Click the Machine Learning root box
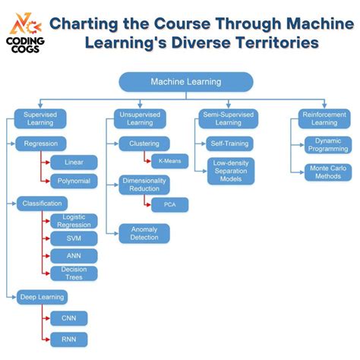185,82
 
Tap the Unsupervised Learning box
140,118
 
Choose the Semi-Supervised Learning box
229,118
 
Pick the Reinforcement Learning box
324,118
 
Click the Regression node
41,143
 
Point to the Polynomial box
74,181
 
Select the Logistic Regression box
74,221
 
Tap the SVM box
74,238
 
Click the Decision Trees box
74,273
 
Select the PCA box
169,204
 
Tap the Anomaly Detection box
144,233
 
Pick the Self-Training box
229,143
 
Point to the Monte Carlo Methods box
328,172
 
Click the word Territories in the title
273,43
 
